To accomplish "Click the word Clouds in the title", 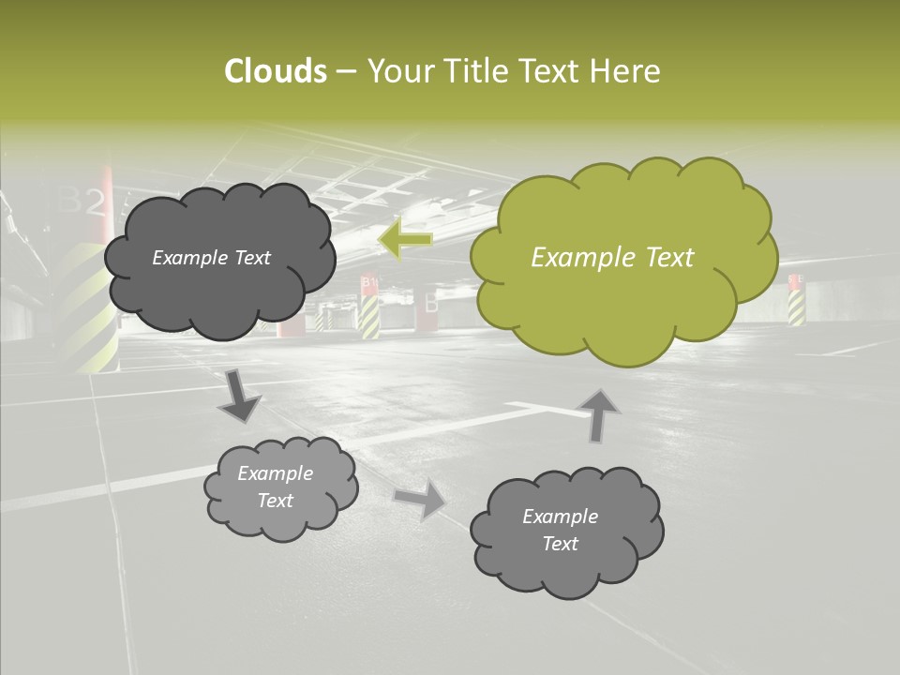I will pos(275,71).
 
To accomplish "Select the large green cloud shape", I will pos(623,258).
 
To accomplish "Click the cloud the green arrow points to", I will pos(219,260).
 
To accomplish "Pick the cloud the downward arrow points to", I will pos(280,487).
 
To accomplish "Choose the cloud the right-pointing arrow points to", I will pos(565,530).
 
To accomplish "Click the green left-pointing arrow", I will pos(405,239).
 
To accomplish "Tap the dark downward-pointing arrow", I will pos(239,397).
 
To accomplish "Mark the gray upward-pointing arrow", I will pos(599,416).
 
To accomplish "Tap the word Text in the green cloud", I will pos(667,258).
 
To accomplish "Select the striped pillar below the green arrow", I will pos(369,313).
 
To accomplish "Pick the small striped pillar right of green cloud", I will pos(796,305).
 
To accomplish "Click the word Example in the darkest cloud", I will pos(188,258).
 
